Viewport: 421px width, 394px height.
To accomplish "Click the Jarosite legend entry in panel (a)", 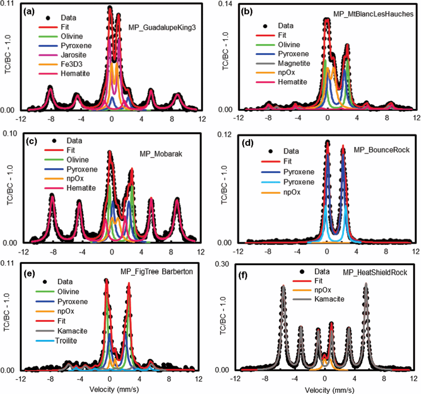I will coord(73,55).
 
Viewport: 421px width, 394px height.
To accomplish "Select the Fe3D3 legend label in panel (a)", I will coord(71,64).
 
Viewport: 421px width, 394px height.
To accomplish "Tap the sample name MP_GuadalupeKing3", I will coord(162,28).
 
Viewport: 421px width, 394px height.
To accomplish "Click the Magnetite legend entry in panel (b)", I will coord(294,63).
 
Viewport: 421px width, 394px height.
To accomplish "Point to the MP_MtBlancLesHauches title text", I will coord(373,14).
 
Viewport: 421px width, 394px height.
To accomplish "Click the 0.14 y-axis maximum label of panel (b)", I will coord(225,4).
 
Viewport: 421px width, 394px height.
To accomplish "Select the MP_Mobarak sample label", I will coord(161,154).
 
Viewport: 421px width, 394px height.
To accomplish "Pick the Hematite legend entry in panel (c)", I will coord(81,188).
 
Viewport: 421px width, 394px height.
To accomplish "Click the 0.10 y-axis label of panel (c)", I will coord(10,134).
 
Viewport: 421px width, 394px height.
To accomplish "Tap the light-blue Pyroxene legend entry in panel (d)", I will coord(299,182).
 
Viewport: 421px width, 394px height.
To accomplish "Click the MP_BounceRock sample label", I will coord(381,150).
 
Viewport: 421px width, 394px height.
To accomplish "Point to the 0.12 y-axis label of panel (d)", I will coord(224,134).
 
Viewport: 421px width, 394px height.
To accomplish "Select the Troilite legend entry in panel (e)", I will coord(66,341).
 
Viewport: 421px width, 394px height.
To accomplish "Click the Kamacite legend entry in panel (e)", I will coord(72,331).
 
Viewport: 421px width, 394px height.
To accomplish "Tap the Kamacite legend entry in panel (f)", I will coord(329,299).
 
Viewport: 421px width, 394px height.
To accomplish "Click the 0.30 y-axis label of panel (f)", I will coord(222,264).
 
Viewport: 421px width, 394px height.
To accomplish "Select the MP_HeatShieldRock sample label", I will coord(375,273).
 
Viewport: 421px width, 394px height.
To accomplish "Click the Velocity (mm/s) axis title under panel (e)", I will coord(114,389).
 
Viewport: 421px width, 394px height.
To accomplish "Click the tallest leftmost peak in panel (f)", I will coord(283,286).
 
